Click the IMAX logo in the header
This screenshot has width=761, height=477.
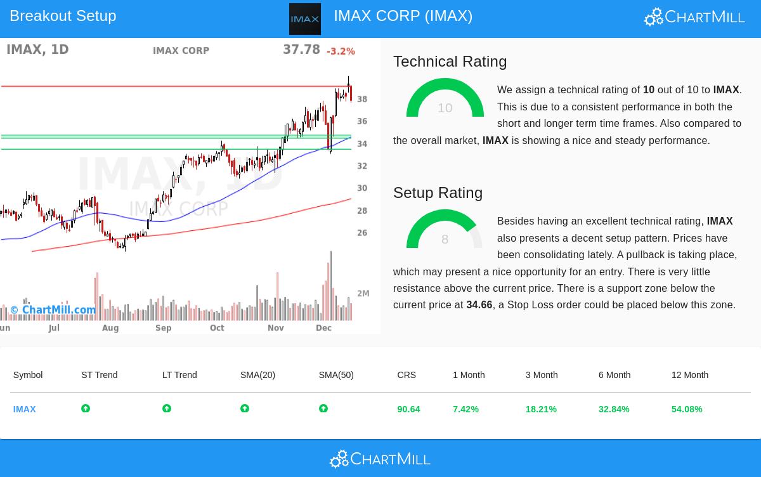click(x=304, y=19)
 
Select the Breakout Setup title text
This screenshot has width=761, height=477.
click(x=63, y=16)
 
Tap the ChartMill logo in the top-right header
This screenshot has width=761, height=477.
click(x=694, y=16)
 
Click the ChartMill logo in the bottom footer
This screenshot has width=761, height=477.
click(x=380, y=459)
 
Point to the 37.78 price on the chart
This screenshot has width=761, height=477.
click(x=301, y=49)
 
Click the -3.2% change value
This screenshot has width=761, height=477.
click(x=341, y=51)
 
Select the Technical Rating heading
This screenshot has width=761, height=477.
click(x=450, y=62)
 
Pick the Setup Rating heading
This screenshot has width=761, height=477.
click(x=438, y=193)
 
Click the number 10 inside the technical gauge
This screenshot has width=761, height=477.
click(x=445, y=108)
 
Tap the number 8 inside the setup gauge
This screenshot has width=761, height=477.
click(x=445, y=239)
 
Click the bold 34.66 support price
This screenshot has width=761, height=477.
click(x=479, y=305)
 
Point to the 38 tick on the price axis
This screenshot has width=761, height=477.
click(x=362, y=99)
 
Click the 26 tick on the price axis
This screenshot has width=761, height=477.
click(x=362, y=233)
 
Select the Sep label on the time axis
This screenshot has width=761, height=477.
click(x=163, y=328)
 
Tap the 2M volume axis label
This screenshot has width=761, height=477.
click(x=363, y=294)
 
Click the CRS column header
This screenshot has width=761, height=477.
click(x=407, y=375)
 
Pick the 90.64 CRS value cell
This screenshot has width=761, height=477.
click(x=408, y=409)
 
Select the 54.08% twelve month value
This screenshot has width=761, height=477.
click(x=686, y=409)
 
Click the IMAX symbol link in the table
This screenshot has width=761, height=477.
click(x=25, y=409)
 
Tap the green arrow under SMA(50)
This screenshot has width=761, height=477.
click(x=323, y=408)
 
